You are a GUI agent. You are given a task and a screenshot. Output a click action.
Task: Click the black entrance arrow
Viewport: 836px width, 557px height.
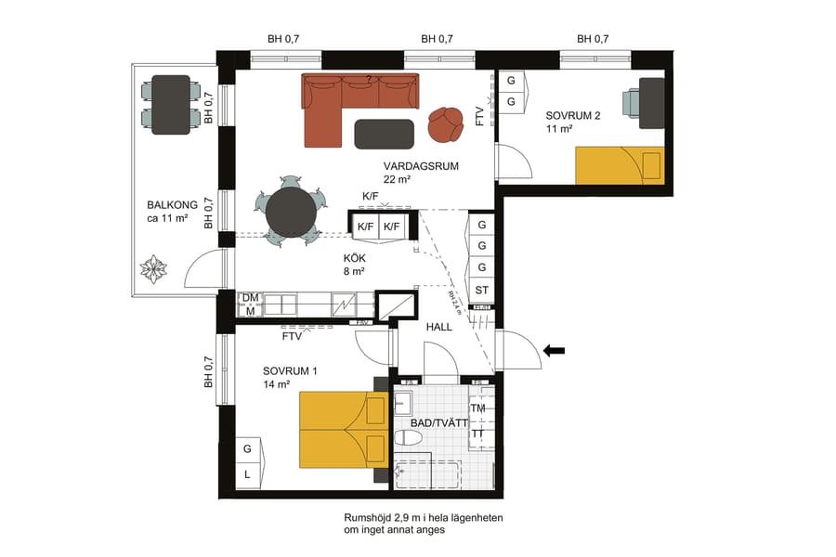[555, 350]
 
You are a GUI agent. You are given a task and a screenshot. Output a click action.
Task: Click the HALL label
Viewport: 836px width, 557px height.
[439, 327]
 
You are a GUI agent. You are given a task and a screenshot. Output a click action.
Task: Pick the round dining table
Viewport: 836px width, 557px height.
[291, 214]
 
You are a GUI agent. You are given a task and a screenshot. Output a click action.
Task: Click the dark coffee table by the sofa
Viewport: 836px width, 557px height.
[385, 134]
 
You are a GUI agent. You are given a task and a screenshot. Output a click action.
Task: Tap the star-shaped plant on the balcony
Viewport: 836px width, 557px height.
[153, 270]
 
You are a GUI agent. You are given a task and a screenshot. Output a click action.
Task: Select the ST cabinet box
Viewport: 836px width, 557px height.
[482, 291]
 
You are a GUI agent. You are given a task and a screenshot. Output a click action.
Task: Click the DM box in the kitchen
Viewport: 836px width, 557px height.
[249, 298]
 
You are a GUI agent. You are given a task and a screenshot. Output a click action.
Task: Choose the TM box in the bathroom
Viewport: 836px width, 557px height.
[478, 408]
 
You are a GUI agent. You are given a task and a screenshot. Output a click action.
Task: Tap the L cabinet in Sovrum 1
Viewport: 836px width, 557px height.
[248, 474]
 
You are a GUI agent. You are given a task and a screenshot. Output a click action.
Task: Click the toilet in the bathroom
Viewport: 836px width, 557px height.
[410, 437]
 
